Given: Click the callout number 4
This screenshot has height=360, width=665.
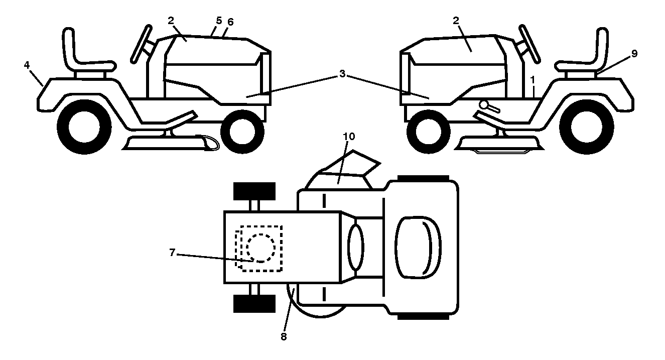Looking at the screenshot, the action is coord(27,65).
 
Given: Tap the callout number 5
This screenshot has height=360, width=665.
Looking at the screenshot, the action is coord(219,21).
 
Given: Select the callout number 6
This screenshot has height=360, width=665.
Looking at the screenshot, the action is coord(230,22).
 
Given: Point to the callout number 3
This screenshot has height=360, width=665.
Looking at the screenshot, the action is coord(342,74).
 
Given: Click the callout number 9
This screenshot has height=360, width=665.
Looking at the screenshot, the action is coord(634,53).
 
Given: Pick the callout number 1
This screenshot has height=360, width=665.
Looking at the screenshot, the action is coord(533,80).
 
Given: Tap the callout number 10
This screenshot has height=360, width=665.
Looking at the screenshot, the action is coord(349,137).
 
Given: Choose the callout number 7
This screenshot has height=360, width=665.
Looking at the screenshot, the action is coord(172,253).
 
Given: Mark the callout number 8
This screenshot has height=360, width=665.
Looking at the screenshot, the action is coord(284,336).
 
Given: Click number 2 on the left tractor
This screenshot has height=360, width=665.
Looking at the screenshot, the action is coord(171,21).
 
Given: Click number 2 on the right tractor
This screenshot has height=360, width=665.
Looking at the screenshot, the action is coord(456,21).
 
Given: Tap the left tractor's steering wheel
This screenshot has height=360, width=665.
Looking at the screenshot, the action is coord(142,44).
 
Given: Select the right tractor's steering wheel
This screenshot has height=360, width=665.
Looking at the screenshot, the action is coord(529,44).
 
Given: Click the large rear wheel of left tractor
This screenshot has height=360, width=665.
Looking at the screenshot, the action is coord(84,127).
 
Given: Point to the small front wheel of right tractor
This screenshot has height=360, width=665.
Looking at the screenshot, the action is coord(428,132).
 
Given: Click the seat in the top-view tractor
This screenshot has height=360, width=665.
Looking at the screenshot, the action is coord(418,248).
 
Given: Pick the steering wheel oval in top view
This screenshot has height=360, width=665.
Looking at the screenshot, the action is coord(356,248).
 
